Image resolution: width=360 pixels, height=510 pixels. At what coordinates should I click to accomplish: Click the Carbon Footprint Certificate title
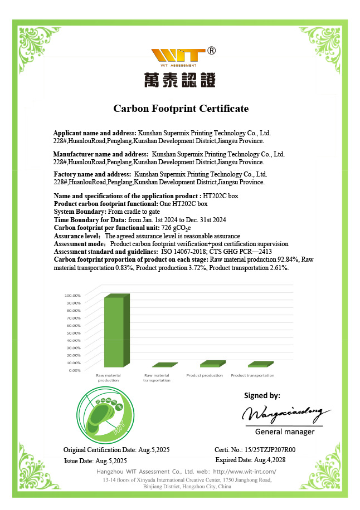point(181,109)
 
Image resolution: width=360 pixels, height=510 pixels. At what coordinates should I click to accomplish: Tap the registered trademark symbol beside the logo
point(211,51)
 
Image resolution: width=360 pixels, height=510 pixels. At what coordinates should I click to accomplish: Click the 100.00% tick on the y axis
point(73,295)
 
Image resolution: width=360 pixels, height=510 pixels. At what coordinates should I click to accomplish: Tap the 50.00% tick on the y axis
point(74,332)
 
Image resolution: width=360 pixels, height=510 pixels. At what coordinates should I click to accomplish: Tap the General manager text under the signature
point(284,432)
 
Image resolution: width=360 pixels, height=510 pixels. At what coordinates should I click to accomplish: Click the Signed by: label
point(262,396)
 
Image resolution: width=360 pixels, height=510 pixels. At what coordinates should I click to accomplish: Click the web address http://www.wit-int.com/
point(245,472)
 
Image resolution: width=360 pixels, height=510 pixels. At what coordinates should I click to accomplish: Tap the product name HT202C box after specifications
point(221,197)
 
